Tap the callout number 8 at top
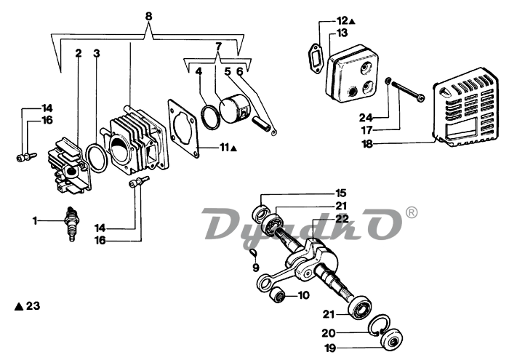[x=148, y=16]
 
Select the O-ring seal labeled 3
[x=97, y=158]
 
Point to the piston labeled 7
[x=233, y=109]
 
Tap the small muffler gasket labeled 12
[x=314, y=58]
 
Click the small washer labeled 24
[x=388, y=81]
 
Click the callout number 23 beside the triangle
[x=33, y=305]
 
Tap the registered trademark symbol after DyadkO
[x=412, y=212]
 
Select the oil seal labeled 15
[x=261, y=212]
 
